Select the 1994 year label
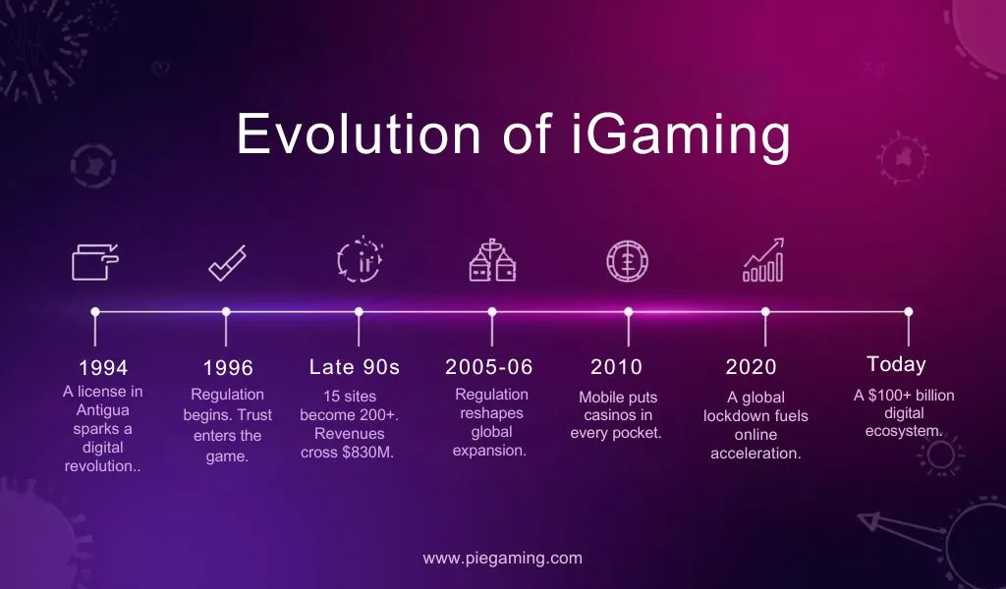(x=103, y=368)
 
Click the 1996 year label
(x=228, y=368)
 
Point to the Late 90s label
(x=355, y=367)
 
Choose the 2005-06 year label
(x=489, y=367)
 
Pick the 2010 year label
(x=616, y=367)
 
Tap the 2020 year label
(x=751, y=367)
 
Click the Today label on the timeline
(x=896, y=364)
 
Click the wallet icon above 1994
(x=95, y=262)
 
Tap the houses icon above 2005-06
(x=492, y=261)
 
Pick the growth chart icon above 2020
(x=763, y=260)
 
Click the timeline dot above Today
(x=908, y=311)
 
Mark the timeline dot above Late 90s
(x=359, y=312)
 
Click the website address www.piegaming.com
(x=503, y=558)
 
